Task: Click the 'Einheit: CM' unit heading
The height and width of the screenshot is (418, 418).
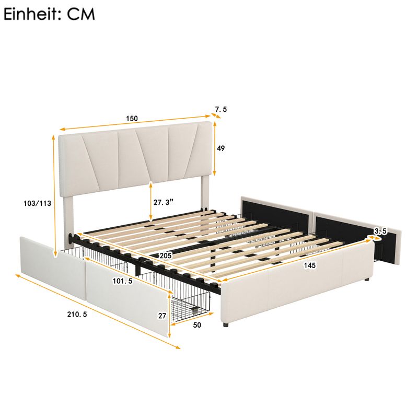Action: pos(49,14)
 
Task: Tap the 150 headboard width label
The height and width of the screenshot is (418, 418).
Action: pos(132,119)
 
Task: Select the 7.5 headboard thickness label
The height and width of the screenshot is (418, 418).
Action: pos(221,109)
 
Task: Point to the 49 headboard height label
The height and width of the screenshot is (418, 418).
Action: pos(220,148)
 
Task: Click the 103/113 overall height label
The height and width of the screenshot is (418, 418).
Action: pos(37,203)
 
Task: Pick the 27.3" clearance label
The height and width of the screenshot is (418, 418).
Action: pos(163,202)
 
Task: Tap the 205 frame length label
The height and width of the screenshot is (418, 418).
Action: pos(166,256)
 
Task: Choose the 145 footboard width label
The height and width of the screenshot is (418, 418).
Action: pos(310,265)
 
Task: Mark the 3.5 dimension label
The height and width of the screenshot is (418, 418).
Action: pos(380,231)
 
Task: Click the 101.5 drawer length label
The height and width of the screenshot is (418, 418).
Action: pos(123,281)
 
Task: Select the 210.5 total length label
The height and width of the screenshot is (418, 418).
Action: pos(77,315)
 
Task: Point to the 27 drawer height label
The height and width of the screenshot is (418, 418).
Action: pos(162,316)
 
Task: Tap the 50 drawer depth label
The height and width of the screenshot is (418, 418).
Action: pos(197,325)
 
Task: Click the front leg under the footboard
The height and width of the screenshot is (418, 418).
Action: pos(226,324)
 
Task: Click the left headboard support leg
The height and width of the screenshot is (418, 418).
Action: pos(68,221)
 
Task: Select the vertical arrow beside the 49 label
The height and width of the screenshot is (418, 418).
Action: pos(215,148)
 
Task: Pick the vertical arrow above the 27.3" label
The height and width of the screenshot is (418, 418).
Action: pos(151,202)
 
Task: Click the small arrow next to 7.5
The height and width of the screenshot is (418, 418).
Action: pos(216,115)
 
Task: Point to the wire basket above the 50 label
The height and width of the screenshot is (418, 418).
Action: pos(191,304)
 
